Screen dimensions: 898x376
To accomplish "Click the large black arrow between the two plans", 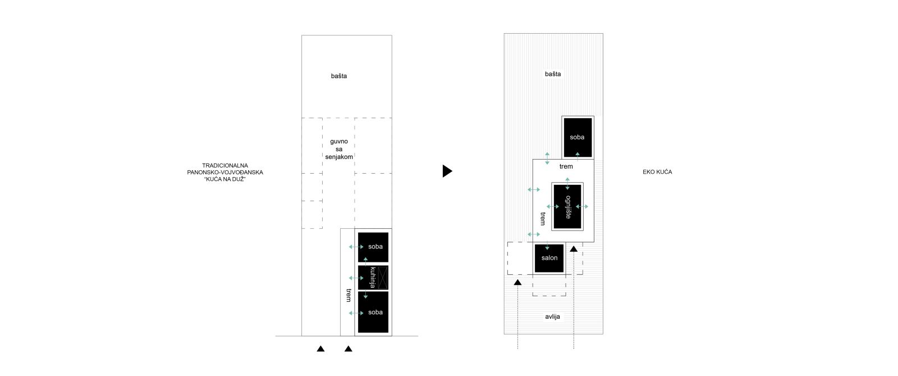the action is click(447, 171).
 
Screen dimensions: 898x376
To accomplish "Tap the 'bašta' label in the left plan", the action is click(339, 76).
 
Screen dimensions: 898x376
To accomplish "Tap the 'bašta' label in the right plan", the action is click(553, 74).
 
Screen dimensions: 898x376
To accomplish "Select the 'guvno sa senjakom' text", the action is click(339, 149).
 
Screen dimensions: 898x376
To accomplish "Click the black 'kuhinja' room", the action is click(373, 277).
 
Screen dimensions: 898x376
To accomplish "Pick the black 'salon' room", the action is click(549, 258).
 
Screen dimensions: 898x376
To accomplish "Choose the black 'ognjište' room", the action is click(567, 207).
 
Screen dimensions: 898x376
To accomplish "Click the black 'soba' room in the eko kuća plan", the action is click(578, 137).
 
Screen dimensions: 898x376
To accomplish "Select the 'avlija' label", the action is click(552, 316).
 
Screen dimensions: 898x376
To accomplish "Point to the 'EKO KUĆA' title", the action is click(657, 172).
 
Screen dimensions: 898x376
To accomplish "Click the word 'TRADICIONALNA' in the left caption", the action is click(225, 165).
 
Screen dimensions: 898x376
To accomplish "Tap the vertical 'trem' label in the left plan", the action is click(349, 295).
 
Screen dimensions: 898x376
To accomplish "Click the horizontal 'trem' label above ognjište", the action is click(566, 166).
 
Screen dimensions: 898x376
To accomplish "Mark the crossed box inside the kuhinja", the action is click(383, 278).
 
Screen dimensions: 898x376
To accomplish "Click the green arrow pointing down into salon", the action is click(547, 246).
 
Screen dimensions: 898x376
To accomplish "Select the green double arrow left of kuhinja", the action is click(356, 278).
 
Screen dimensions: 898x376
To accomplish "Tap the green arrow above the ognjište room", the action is click(567, 183).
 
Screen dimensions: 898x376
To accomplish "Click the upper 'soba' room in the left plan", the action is click(373, 247).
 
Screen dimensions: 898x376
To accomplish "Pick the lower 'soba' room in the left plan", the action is click(373, 312).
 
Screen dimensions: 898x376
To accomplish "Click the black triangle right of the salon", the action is click(574, 249).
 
